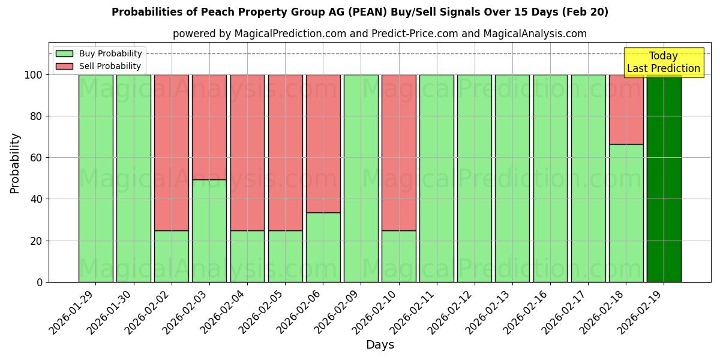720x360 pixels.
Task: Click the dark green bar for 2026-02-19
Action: [x=664, y=178]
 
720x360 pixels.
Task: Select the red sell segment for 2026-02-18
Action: [x=626, y=109]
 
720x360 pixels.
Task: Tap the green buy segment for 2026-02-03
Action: [x=209, y=230]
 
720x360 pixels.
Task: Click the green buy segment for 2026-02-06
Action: [x=323, y=247]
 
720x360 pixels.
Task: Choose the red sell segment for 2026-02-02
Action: [x=171, y=152]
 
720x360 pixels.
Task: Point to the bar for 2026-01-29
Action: [x=95, y=178]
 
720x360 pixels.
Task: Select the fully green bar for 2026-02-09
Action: [x=361, y=178]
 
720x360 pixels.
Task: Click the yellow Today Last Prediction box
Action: [x=663, y=62]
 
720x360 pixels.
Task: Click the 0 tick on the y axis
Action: [x=40, y=282]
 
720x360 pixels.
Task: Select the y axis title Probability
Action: [x=15, y=163]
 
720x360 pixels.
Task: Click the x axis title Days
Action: [x=380, y=345]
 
